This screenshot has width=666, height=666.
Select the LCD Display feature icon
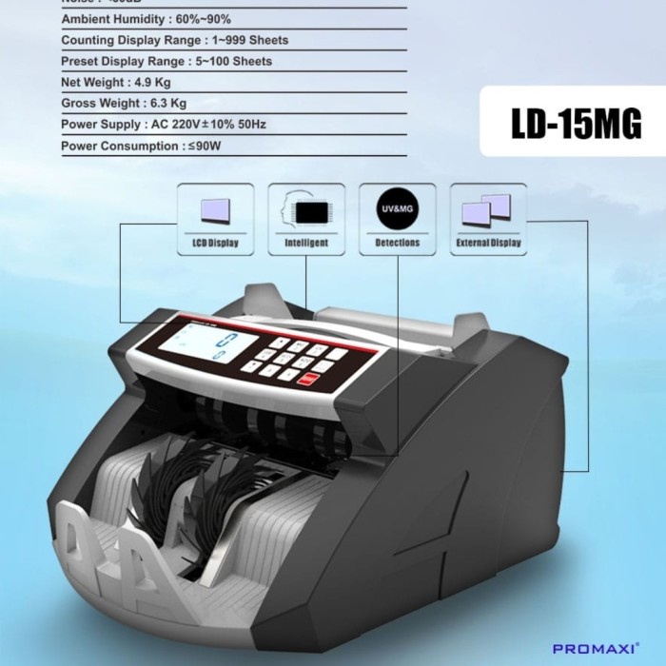(x=215, y=210)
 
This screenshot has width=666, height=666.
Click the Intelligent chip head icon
(x=306, y=210)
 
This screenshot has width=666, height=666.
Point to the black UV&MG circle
(x=398, y=210)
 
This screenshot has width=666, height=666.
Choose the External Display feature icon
(x=488, y=210)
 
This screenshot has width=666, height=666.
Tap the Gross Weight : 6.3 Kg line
(x=124, y=103)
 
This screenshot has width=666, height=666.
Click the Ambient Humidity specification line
(x=146, y=19)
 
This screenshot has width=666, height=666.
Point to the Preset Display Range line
(x=166, y=61)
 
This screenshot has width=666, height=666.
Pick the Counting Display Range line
(x=174, y=40)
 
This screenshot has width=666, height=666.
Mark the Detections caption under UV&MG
(x=398, y=244)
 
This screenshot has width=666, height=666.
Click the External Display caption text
(x=488, y=244)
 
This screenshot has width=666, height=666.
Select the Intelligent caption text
(x=306, y=244)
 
